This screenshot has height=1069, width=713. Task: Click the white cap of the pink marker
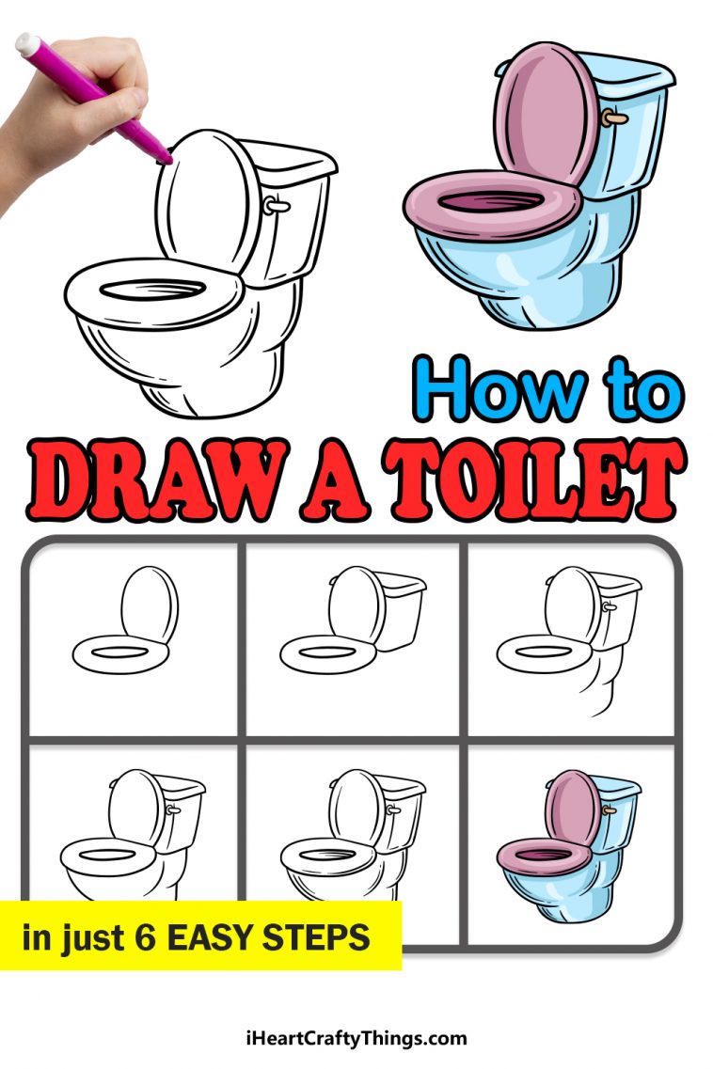(29, 43)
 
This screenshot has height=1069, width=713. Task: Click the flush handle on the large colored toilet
(613, 118)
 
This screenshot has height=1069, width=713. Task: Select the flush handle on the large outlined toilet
(274, 204)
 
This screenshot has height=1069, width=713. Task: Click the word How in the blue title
(494, 387)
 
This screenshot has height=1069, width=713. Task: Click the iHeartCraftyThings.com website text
(356, 1039)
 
